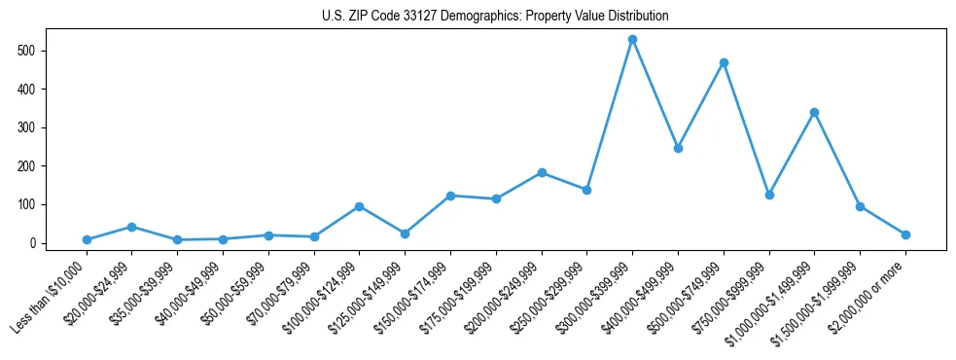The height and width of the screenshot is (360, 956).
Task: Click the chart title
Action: [x=495, y=16]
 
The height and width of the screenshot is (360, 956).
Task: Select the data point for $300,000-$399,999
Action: [x=632, y=39]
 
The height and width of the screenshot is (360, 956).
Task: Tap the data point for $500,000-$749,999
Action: [x=724, y=62]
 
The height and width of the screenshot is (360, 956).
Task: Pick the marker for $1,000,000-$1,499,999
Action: [x=814, y=112]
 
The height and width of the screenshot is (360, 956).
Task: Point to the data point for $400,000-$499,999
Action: [x=678, y=148]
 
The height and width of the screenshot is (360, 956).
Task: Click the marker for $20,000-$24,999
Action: [x=132, y=227]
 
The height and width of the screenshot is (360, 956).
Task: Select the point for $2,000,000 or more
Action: [x=905, y=234]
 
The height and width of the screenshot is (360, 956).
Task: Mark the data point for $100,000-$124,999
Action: [x=360, y=206]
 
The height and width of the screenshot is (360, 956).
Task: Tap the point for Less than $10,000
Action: [x=87, y=239]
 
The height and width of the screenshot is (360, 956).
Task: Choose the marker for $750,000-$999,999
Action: [x=769, y=195]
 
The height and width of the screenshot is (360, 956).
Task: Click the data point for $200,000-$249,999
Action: [x=542, y=172]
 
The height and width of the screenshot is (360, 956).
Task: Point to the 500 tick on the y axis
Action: [x=39, y=51]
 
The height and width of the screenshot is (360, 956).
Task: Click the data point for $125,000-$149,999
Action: [x=405, y=234]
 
